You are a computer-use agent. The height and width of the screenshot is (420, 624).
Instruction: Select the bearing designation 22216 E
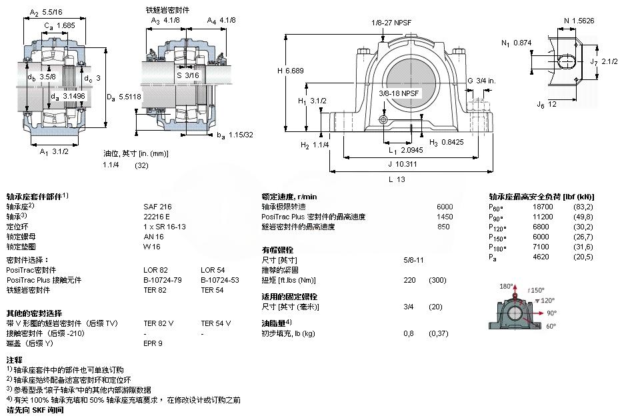[x=157, y=217]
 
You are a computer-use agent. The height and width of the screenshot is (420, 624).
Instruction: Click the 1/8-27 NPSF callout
[x=391, y=22]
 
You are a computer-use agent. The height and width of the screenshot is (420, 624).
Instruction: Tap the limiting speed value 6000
[x=444, y=207]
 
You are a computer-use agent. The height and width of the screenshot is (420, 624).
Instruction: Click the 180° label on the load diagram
[x=506, y=286]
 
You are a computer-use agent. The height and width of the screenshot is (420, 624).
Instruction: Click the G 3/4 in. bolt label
[x=481, y=81]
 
